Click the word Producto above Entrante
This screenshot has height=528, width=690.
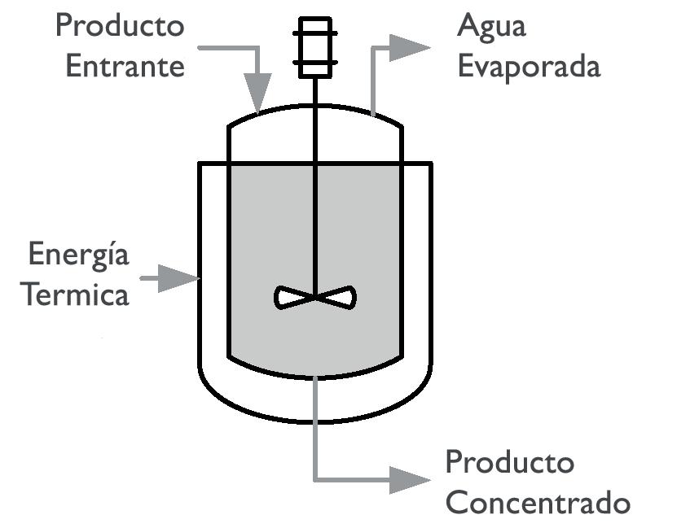(x=119, y=27)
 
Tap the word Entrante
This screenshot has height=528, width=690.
(x=125, y=67)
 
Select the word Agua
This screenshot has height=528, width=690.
(x=492, y=27)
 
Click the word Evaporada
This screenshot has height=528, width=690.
(x=529, y=67)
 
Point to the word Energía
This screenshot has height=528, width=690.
(x=78, y=255)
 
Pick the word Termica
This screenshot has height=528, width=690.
(x=76, y=295)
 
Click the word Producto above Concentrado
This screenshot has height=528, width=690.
(x=510, y=462)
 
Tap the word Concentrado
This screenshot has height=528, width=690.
(x=538, y=502)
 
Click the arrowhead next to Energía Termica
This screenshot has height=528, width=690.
(x=181, y=278)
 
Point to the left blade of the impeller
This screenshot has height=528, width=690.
(x=292, y=298)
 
